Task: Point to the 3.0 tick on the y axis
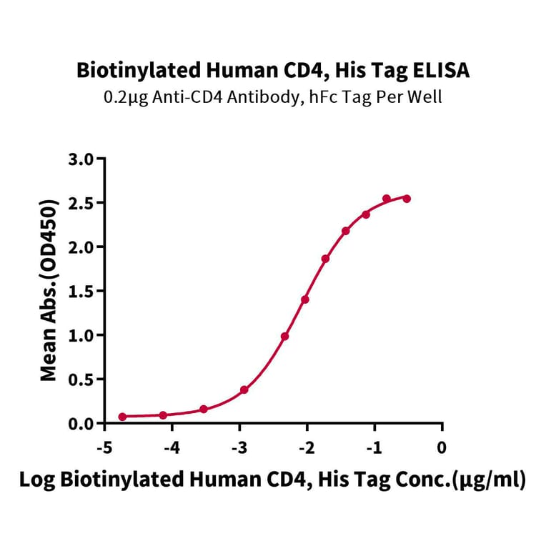(83, 159)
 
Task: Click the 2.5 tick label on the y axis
(83, 203)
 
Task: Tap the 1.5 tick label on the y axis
(83, 291)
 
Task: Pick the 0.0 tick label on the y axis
(83, 423)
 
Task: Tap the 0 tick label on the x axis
(442, 447)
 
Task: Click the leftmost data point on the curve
(122, 417)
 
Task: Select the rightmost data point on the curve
(407, 198)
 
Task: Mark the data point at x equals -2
(305, 299)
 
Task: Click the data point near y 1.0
(284, 336)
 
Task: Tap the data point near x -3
(244, 389)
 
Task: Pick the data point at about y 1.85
(325, 259)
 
